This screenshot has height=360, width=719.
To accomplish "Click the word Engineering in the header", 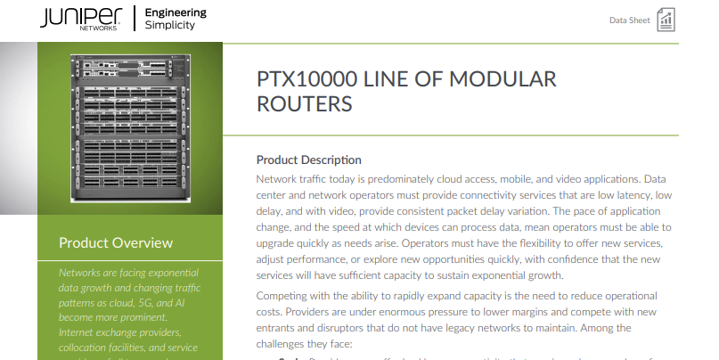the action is click(x=175, y=12).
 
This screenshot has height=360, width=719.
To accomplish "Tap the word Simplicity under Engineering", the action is click(x=169, y=25).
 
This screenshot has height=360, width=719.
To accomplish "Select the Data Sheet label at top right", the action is click(x=629, y=20).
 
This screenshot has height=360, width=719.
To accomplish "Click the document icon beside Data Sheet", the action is click(x=666, y=20).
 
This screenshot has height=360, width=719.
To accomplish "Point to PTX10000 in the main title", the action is click(x=300, y=79).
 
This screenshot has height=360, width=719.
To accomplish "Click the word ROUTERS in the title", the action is click(x=304, y=104).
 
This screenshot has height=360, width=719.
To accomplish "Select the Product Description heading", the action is click(x=308, y=160).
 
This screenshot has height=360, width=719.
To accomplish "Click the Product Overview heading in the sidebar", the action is click(x=116, y=242).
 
